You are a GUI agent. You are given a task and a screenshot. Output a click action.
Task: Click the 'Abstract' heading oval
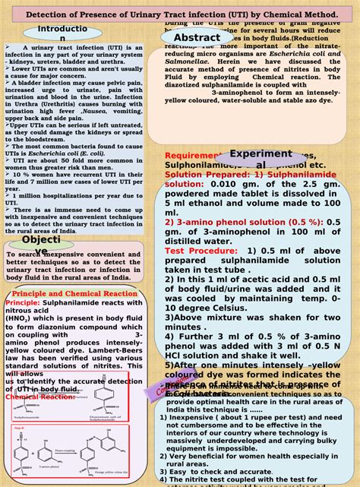pos(197,39)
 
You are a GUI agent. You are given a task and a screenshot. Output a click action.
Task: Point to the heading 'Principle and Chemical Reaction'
pos(74,272)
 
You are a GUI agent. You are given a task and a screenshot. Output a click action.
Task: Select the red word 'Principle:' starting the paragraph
pos(23,281)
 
